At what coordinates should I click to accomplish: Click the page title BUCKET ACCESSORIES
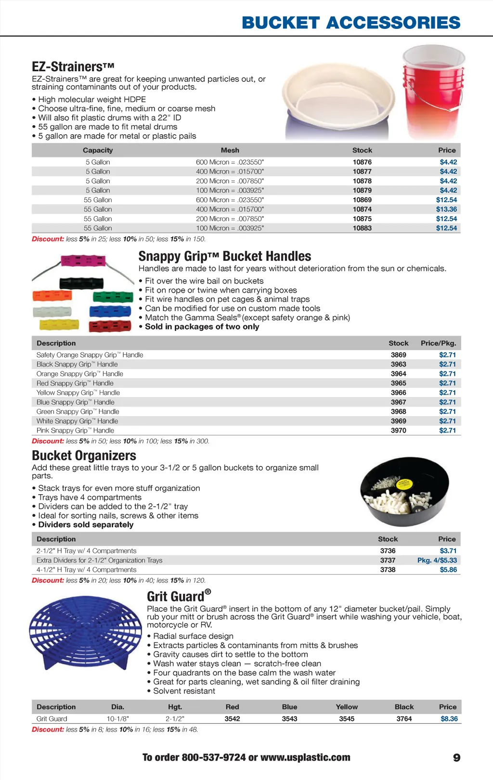coord(351,23)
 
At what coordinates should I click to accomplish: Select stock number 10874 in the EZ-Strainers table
coord(362,209)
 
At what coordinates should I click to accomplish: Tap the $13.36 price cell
coord(446,209)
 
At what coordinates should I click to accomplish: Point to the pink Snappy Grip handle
coord(83,262)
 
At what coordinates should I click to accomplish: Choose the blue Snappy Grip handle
coord(110,311)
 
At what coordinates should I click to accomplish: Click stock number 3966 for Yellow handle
coord(398,393)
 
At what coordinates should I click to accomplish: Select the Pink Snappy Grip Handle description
coord(75,431)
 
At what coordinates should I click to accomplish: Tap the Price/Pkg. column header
coord(438,343)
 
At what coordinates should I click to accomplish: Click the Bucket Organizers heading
coord(84,455)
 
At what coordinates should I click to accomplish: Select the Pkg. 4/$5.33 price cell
coord(437,560)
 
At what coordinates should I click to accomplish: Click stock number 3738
coord(388,570)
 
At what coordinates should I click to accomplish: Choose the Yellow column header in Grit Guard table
coord(347,707)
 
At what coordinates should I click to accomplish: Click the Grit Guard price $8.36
coord(449,719)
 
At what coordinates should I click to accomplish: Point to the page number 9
coord(456,758)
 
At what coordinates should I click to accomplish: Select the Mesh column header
coord(230,150)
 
